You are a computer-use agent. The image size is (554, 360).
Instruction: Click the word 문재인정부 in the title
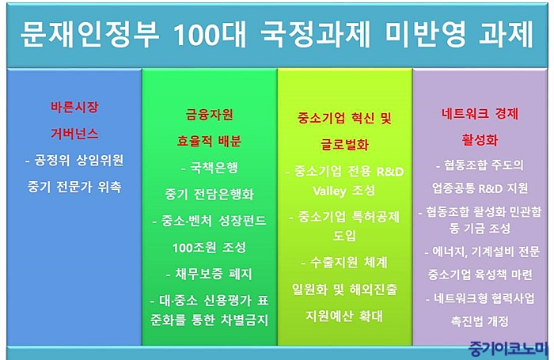[89, 34]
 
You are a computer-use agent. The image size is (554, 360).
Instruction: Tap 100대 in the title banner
[211, 35]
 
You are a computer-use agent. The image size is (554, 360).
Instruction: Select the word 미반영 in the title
[426, 34]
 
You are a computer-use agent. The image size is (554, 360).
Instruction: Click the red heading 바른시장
[74, 107]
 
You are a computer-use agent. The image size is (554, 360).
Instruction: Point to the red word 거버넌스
[74, 134]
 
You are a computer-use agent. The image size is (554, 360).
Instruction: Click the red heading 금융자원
[210, 115]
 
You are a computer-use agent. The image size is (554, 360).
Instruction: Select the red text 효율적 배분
[209, 141]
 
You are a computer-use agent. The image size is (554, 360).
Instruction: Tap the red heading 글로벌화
[344, 144]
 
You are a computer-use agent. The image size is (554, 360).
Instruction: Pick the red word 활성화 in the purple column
[480, 140]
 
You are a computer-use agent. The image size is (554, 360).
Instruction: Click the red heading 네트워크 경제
[480, 114]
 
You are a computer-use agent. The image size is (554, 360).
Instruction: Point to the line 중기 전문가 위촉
[74, 187]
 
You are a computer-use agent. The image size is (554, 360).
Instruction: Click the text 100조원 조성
[209, 248]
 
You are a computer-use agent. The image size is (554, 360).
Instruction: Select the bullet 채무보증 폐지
[209, 274]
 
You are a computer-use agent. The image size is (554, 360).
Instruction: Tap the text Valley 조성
[344, 191]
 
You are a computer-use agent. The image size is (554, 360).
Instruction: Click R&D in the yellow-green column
[390, 172]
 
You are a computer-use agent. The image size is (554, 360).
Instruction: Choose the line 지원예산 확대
[344, 316]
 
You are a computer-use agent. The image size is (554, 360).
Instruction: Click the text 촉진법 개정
[480, 320]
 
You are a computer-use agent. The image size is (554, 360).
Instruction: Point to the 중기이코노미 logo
[507, 349]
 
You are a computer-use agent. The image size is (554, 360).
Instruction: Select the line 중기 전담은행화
[209, 194]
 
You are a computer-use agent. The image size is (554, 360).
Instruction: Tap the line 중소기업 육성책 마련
[480, 274]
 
